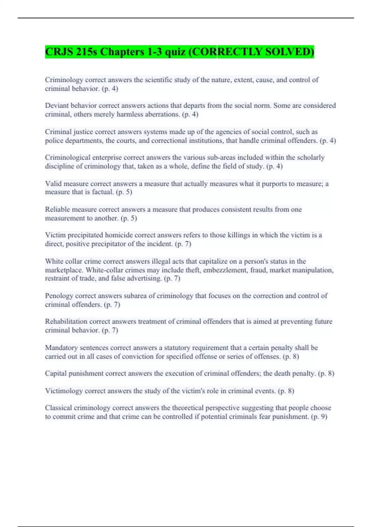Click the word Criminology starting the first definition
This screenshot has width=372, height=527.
(x=64, y=80)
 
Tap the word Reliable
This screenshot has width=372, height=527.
(x=57, y=210)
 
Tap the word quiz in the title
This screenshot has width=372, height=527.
(x=175, y=51)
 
